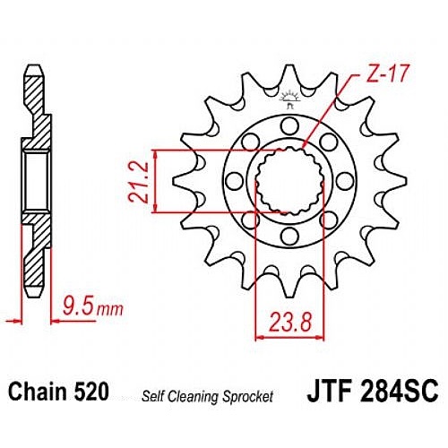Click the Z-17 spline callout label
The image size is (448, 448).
386,73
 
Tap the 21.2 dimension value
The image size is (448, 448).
138,182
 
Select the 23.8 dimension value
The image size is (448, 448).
290,323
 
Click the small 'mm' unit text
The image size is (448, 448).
110,310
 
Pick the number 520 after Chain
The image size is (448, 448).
90,392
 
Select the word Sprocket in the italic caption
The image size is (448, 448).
246,397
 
